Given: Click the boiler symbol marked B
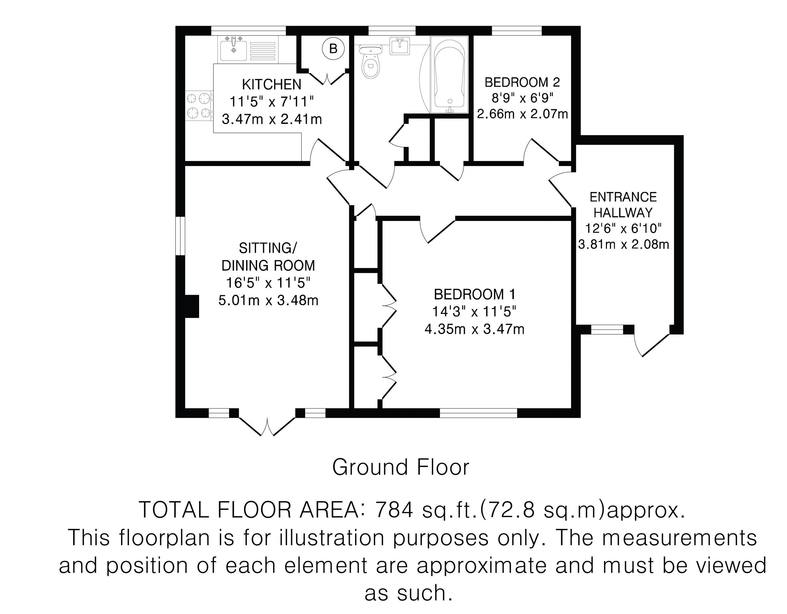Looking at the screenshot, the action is (333, 48).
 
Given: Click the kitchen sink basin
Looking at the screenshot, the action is (233, 51).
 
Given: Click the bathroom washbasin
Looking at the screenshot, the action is (400, 46).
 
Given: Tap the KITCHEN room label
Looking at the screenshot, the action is (272, 84).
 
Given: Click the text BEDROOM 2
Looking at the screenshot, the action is (522, 82).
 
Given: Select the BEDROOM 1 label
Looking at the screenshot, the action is (475, 294).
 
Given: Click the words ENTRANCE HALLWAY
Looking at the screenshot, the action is (623, 205).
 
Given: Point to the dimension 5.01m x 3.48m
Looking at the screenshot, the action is (268, 300).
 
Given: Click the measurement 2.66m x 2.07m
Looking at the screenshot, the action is (523, 114).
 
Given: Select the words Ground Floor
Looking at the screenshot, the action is (401, 467).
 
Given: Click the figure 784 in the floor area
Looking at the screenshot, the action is (394, 510).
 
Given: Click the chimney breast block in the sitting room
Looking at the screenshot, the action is (192, 306).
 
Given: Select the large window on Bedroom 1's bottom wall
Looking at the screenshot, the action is (479, 413).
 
